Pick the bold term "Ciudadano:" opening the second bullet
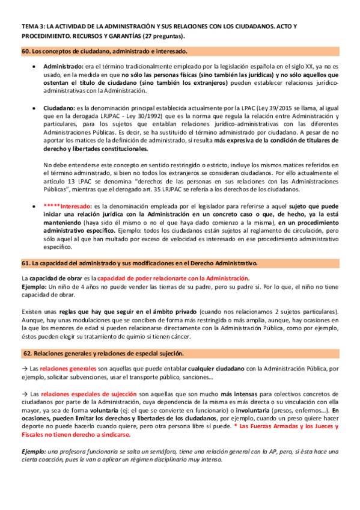60,106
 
